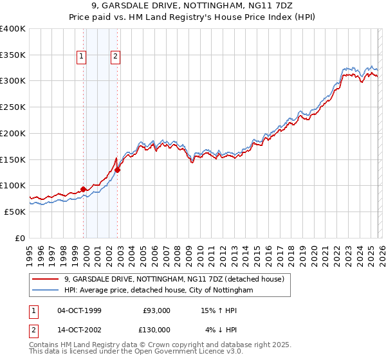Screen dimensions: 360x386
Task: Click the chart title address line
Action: [x=193, y=6]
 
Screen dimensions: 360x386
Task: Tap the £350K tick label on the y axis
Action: [x=13, y=55]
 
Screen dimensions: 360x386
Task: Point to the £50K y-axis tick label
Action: [x=15, y=212]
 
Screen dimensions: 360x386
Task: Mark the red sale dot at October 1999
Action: [x=84, y=189]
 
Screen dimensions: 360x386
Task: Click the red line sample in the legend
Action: [x=45, y=280]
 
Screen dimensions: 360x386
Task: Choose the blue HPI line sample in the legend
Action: [x=45, y=291]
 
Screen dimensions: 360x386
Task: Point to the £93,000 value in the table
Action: [x=156, y=310]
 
